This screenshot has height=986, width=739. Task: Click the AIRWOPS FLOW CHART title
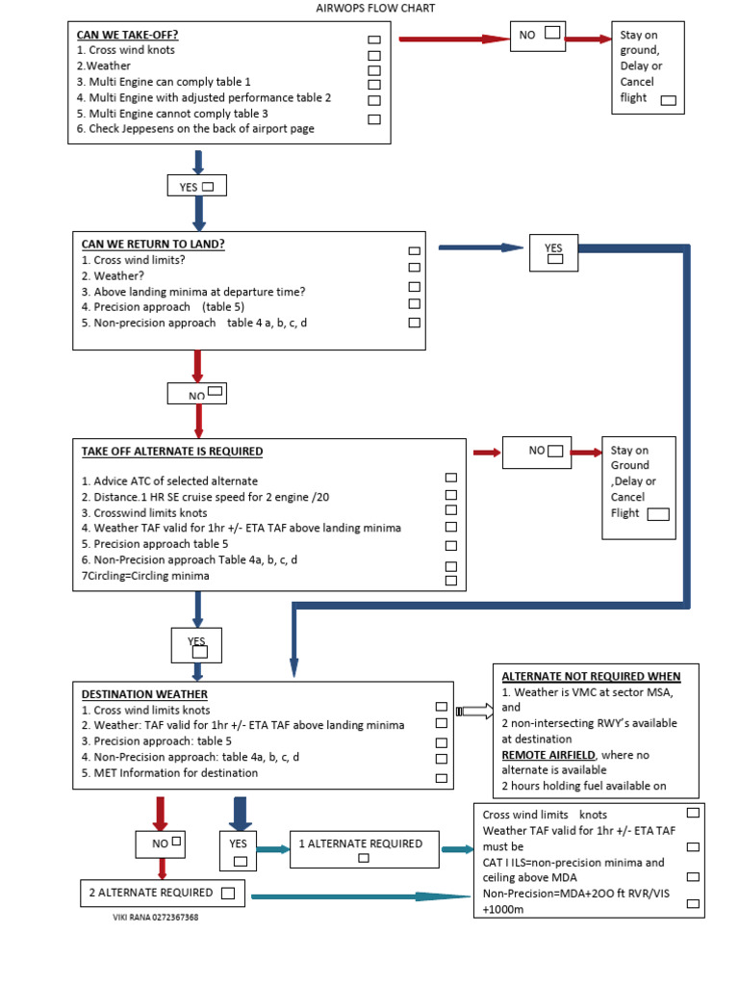pos(375,9)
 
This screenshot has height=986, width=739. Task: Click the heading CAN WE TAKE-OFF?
pos(127,35)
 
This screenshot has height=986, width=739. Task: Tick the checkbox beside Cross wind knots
pos(374,40)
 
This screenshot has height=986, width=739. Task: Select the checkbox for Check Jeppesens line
pos(374,119)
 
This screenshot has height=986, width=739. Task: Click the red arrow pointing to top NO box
pos(453,39)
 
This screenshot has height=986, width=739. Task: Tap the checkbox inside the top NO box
pos(552,33)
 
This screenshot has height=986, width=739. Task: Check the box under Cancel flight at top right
pos(668,100)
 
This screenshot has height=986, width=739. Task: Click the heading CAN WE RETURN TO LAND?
pos(153,245)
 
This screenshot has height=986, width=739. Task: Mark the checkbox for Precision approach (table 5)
pos(415,304)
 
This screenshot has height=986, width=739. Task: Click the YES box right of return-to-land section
pos(553,253)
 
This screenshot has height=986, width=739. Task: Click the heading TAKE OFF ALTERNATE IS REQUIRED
pos(172,452)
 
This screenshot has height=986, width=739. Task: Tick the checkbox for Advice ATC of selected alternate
pos(450,478)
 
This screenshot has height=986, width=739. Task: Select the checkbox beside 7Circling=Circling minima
pos(450,580)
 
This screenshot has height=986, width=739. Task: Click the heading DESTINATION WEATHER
pos(144,694)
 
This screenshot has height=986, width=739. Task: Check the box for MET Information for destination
pos(442,778)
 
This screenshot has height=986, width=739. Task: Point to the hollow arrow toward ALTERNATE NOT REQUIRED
pos(472,711)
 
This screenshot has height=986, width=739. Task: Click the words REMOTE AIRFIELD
pos(548,755)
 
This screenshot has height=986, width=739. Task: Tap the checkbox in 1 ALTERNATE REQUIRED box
pos(364,858)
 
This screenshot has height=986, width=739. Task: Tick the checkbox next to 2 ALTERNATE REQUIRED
pos(227,894)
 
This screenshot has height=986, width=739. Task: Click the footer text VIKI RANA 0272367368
pos(156,918)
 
